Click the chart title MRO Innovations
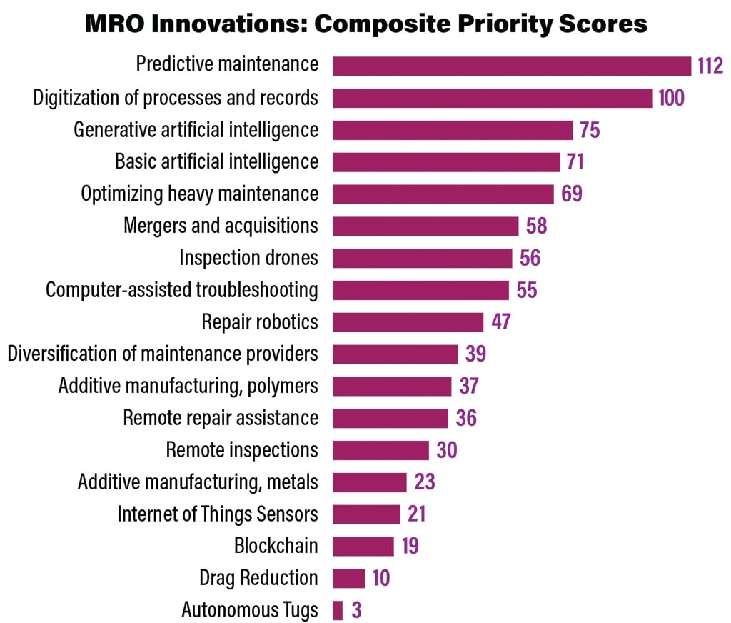point(365,24)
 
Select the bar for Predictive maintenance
point(512,66)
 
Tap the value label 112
point(710,66)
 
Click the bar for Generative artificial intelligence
point(453,130)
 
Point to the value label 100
point(672,98)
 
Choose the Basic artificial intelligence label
point(217,161)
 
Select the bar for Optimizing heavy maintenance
point(443,194)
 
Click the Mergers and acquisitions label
point(221,226)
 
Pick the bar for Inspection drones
point(423,258)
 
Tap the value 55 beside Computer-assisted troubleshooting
point(526,290)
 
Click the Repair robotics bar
point(408,322)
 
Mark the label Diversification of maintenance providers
point(163,354)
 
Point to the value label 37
point(468,386)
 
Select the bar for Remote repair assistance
point(390,418)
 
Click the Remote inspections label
point(242,450)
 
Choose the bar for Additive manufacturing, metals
point(369,482)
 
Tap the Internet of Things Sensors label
point(218,514)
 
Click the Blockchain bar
point(363,547)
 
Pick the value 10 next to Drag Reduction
point(381,578)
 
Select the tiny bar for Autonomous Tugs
point(338,610)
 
